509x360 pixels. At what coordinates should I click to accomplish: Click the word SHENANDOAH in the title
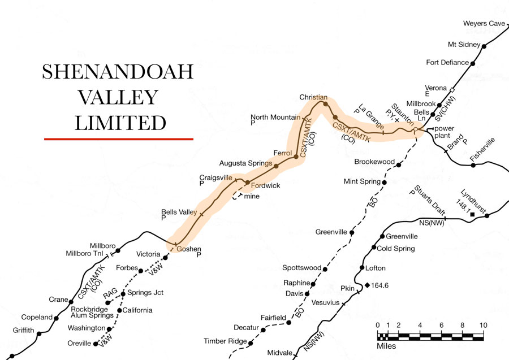(118, 72)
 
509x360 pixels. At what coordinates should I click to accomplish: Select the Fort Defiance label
(447, 62)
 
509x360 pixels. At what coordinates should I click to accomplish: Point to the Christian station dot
(325, 103)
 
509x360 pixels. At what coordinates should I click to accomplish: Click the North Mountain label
(275, 118)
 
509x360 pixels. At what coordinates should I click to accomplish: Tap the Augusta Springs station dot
(276, 166)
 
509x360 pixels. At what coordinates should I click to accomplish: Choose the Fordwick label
(265, 185)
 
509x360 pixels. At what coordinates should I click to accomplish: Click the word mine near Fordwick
(252, 196)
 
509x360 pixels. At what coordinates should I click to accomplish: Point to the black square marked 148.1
(472, 214)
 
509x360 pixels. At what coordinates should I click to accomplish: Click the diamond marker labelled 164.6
(367, 285)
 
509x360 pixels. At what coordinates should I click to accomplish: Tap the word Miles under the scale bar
(386, 346)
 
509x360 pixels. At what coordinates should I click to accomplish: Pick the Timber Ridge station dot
(252, 341)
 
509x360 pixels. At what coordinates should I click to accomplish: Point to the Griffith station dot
(39, 334)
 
